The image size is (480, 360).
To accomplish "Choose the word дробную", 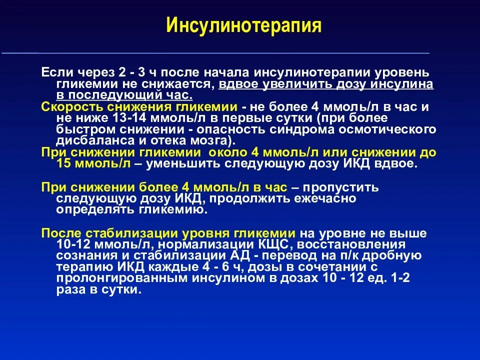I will click(x=393, y=255).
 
